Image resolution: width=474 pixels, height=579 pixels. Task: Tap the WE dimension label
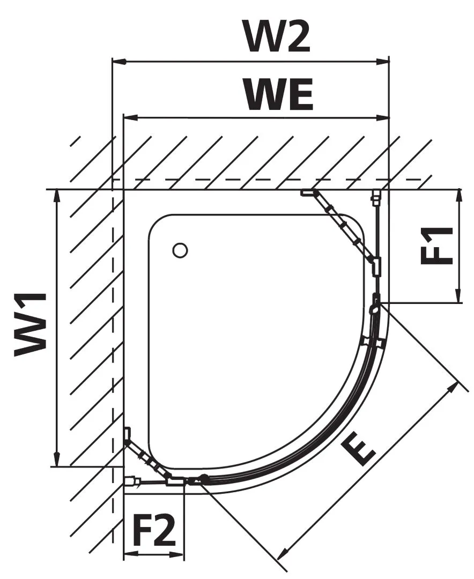pos(280,94)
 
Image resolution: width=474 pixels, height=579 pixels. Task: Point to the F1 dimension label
pos(436,246)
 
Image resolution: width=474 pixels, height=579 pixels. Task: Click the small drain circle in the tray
pos(180,250)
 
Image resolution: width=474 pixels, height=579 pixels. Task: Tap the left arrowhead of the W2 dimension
pos(120,62)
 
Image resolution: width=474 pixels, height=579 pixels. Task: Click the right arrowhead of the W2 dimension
pos(382,62)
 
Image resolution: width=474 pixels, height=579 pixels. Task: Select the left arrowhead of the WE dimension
pos(130,118)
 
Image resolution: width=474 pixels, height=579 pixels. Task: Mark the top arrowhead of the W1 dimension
pos(57,197)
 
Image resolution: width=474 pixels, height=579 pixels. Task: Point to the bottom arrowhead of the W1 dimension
pos(57,459)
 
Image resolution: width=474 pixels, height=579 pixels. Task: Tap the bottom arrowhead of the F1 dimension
pos(459,296)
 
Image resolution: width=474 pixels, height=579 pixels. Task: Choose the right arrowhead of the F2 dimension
pos(176,554)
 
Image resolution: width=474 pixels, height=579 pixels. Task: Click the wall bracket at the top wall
pos(308,192)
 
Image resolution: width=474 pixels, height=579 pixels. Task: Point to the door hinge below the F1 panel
pos(375,304)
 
